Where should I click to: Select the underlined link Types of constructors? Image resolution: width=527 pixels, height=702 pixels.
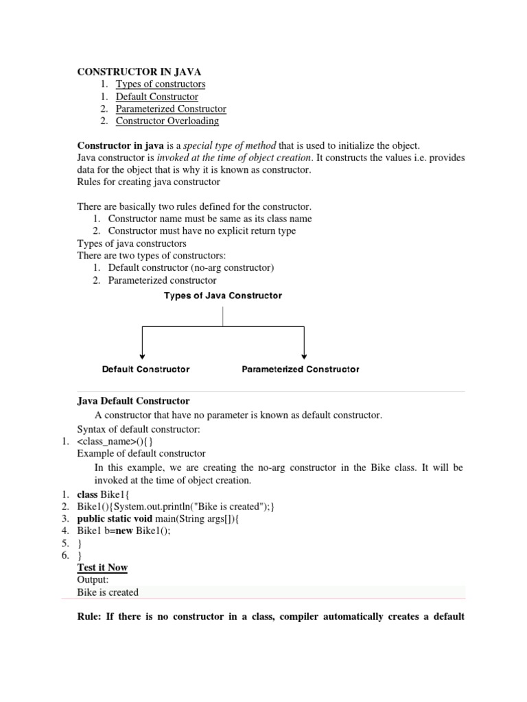coord(160,84)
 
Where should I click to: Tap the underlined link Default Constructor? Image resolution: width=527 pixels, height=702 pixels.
coord(156,96)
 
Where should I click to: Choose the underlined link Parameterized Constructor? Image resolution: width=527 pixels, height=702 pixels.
coord(170,108)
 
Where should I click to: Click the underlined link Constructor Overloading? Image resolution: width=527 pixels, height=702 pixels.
coord(167,121)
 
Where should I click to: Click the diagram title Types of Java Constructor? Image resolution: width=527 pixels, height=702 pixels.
coord(222,296)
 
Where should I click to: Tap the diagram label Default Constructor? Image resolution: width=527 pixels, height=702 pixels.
coord(145,369)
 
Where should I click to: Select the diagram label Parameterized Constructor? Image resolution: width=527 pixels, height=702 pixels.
coord(301,369)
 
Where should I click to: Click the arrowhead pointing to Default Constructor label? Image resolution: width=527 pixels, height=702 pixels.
coord(142,355)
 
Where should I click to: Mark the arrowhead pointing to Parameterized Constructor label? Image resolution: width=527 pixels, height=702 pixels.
coord(304,355)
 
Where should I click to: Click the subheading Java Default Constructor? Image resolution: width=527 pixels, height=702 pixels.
coord(133,401)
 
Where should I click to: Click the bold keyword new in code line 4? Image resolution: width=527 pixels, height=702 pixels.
coord(123,531)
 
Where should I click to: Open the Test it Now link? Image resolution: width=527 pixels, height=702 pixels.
coord(102,568)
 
